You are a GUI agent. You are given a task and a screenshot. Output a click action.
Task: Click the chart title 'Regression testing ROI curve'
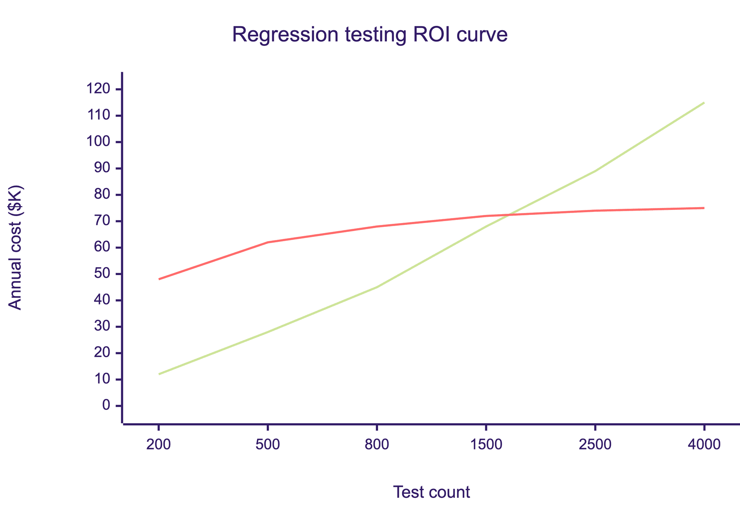coord(370,35)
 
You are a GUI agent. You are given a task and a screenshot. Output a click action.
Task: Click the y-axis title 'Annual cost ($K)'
coord(15,248)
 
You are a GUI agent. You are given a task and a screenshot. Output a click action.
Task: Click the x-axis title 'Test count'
coord(431,492)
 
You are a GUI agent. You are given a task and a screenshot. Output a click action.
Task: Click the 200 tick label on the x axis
coord(158,445)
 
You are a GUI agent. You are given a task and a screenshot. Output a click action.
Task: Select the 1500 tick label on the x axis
coord(486,445)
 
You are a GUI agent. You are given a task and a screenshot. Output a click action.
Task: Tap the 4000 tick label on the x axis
coord(704,445)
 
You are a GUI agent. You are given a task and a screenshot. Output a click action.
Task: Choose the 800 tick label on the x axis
coord(377,445)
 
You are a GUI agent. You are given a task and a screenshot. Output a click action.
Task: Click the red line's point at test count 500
coord(268,242)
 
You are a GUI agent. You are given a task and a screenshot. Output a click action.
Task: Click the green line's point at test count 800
coord(377,287)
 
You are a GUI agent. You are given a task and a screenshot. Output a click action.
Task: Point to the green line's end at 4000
coord(704,103)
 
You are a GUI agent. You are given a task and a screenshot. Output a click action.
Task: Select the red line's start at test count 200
coord(159,279)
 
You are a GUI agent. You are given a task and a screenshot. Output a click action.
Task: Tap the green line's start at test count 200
coord(159,374)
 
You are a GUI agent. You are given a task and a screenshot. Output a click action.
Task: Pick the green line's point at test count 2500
coord(595,171)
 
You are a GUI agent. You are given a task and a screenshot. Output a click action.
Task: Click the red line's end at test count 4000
coord(704,208)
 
